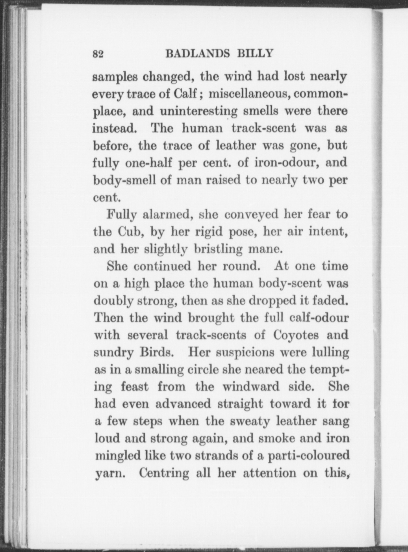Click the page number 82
[98, 54]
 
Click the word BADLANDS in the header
[198, 54]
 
